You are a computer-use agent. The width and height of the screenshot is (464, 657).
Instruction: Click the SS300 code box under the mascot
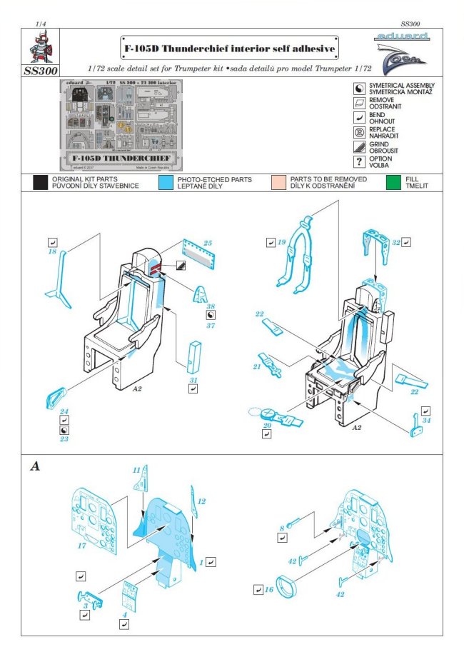(41, 71)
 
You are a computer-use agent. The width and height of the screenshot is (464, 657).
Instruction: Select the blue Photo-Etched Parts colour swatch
(166, 182)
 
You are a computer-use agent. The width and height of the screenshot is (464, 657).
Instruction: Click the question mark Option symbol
(360, 161)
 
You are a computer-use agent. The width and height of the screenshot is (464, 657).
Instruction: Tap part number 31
(193, 378)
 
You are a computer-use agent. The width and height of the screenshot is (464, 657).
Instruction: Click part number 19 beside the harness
(281, 243)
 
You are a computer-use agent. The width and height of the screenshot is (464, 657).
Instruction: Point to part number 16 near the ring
(268, 589)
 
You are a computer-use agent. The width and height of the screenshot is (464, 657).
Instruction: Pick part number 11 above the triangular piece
(136, 471)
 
